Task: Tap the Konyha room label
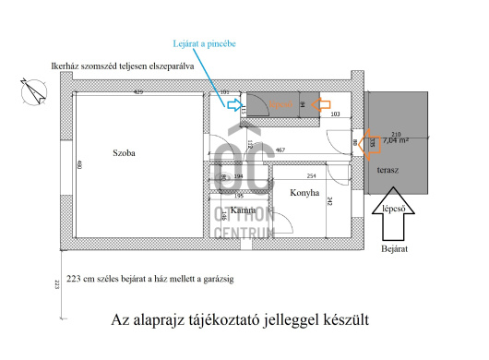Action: coord(304,194)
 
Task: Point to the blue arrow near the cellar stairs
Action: coord(233,105)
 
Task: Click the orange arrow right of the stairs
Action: coord(320,105)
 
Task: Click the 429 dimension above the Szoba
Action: coord(137,93)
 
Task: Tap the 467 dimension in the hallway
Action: coord(279,150)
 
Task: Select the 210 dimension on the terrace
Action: coord(396,133)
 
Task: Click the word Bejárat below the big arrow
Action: coord(394,249)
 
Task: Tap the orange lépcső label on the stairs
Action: coord(280,104)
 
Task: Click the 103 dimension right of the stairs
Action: coord(336,114)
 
